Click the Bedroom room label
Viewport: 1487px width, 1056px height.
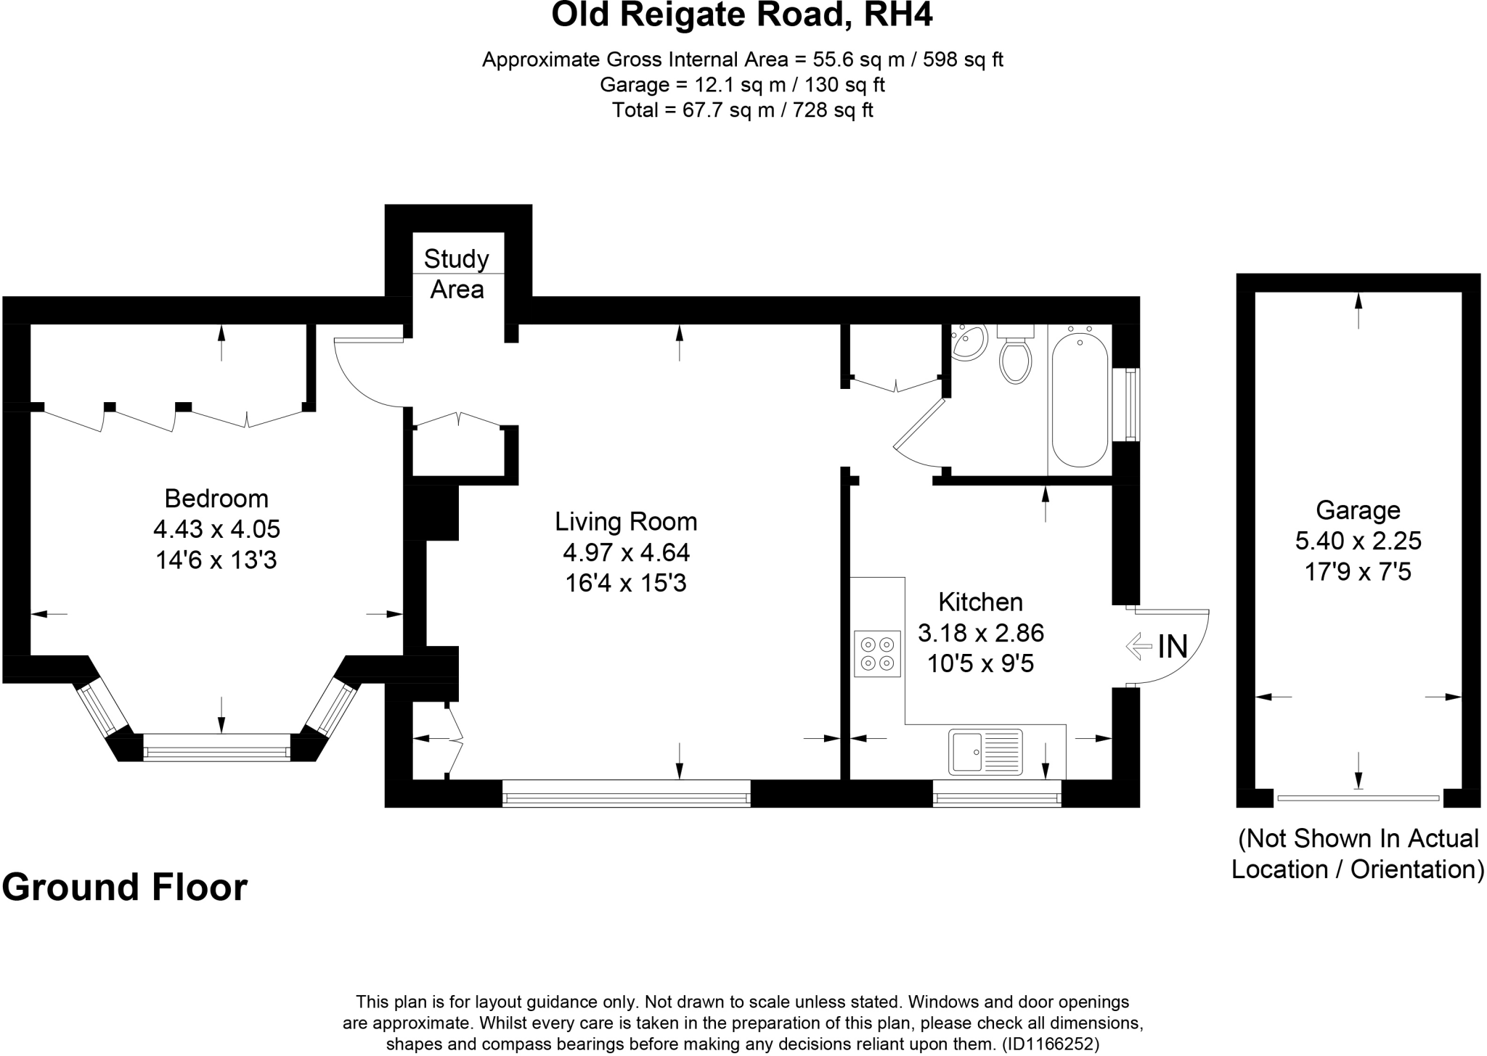tap(216, 499)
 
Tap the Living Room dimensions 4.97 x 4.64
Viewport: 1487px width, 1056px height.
tap(626, 552)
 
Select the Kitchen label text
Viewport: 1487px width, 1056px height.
tap(980, 602)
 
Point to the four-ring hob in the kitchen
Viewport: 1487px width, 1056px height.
tap(878, 653)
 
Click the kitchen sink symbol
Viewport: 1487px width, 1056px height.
tap(985, 751)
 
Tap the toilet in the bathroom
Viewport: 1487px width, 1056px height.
tap(1015, 359)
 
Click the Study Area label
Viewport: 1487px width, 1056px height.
tap(457, 274)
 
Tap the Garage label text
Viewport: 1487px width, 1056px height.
tap(1358, 510)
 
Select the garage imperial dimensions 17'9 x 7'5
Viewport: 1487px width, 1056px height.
tap(1358, 572)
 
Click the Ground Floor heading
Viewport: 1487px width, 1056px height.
tap(125, 887)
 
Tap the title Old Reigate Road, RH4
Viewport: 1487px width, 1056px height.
tap(742, 15)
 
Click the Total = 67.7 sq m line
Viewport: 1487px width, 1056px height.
tap(742, 110)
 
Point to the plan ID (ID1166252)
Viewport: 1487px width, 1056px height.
tap(1050, 1044)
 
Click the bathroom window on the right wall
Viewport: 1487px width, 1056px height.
tap(1130, 404)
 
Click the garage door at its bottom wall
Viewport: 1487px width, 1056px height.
tap(1358, 798)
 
